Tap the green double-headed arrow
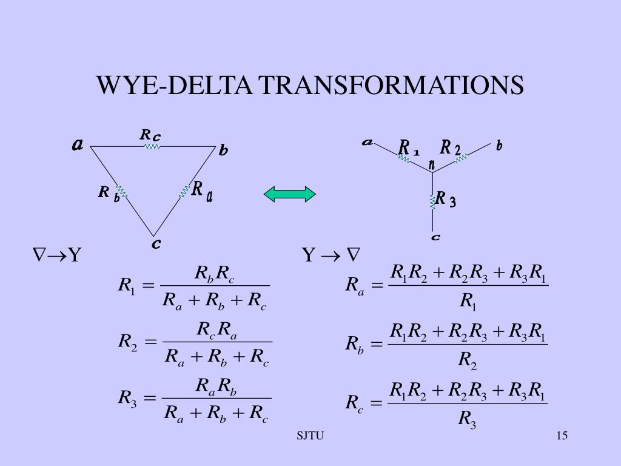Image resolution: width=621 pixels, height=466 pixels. [x=289, y=194]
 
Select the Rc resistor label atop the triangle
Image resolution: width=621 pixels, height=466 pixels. [x=150, y=135]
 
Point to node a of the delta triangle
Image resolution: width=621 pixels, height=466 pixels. [x=78, y=145]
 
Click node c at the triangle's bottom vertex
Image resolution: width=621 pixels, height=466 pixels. [x=156, y=244]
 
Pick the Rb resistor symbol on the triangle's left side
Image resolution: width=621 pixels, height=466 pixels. [x=121, y=192]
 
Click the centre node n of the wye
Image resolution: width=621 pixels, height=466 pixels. [x=432, y=165]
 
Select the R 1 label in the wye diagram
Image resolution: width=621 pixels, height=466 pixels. [x=409, y=148]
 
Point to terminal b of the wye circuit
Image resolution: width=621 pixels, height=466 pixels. [x=499, y=146]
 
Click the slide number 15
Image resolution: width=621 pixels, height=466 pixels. [x=561, y=436]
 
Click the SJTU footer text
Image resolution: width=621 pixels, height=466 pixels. [x=310, y=436]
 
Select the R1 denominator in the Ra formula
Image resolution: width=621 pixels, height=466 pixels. [x=468, y=301]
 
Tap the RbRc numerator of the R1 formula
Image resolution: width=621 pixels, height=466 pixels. [x=215, y=274]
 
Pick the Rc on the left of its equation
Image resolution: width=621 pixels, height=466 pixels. [x=354, y=403]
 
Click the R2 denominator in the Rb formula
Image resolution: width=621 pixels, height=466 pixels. [x=468, y=360]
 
